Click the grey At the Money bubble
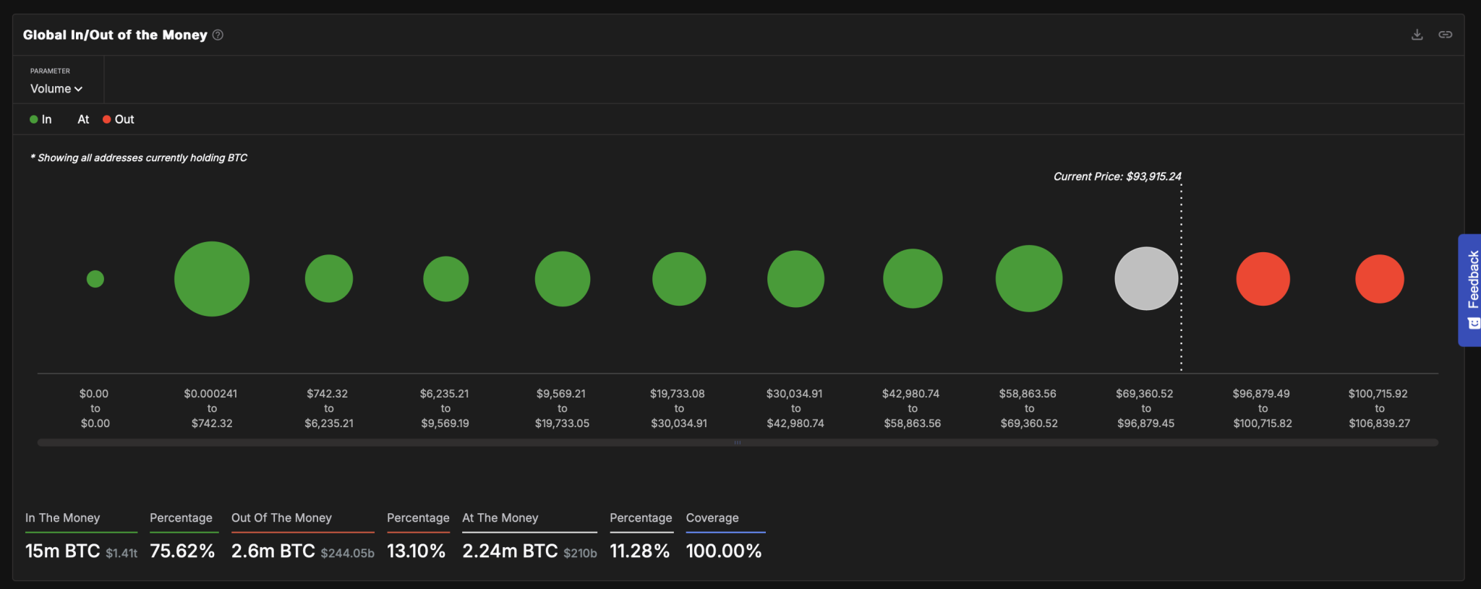click(x=1146, y=279)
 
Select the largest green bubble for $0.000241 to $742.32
click(x=212, y=279)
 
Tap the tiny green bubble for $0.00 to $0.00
click(x=95, y=279)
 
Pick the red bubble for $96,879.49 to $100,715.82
click(x=1263, y=279)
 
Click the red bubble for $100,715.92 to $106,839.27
click(x=1379, y=279)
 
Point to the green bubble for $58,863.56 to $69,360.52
click(x=1029, y=279)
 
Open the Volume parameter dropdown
click(x=56, y=89)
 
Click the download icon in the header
click(x=1417, y=35)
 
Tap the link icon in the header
click(x=1445, y=35)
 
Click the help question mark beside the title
click(x=218, y=35)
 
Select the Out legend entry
click(x=119, y=119)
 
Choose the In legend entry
click(x=41, y=119)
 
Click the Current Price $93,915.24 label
click(x=1117, y=176)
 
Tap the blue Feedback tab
click(x=1470, y=290)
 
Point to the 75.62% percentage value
click(x=182, y=551)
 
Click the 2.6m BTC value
click(x=273, y=551)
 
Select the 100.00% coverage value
click(x=724, y=551)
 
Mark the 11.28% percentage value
click(x=640, y=551)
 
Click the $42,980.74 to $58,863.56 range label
click(x=912, y=408)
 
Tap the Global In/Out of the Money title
click(x=115, y=35)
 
